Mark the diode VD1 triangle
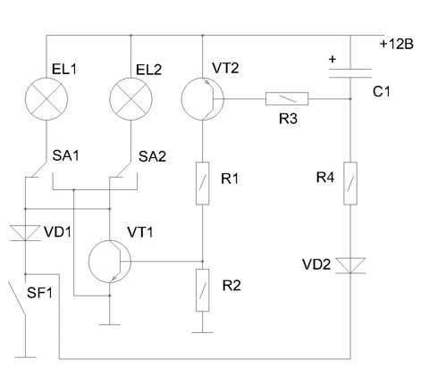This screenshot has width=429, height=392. pos(25,233)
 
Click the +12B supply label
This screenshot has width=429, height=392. pos(397,45)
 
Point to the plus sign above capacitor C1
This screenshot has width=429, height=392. pos(332,59)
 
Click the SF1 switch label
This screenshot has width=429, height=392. pos(39,293)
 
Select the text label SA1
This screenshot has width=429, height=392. pos(65,155)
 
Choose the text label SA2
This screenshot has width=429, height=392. pos(152,156)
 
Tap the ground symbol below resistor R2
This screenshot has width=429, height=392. pos(203,332)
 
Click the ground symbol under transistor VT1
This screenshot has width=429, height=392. pos(110,325)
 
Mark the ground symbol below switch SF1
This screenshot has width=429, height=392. pos(25,357)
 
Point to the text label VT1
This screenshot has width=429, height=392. pos(140,232)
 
